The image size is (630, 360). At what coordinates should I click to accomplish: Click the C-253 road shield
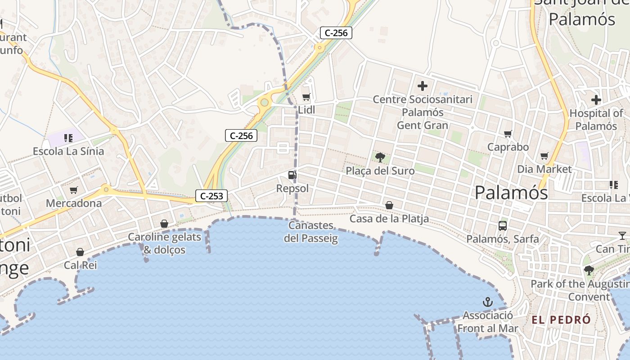(211, 196)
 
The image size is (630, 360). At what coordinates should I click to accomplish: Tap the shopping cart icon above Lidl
(306, 97)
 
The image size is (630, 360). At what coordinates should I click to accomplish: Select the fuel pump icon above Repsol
(292, 175)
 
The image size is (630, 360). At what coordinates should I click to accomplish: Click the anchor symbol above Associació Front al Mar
(487, 301)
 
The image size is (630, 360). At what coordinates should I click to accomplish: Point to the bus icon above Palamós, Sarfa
(503, 225)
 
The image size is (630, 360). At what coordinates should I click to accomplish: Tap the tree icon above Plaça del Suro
(380, 157)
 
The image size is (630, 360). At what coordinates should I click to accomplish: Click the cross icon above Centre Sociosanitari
(423, 85)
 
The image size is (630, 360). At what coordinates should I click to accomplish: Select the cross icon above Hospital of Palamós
(596, 99)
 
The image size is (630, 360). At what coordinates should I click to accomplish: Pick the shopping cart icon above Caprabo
(508, 134)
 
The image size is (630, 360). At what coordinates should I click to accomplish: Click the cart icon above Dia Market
(544, 156)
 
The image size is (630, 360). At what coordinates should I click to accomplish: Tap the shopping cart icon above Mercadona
(74, 190)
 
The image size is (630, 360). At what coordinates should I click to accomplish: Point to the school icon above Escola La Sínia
(68, 138)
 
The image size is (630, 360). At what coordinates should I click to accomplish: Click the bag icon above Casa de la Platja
(389, 205)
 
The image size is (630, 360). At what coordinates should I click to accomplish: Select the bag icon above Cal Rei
(80, 252)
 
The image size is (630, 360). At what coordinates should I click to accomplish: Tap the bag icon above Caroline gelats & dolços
(164, 224)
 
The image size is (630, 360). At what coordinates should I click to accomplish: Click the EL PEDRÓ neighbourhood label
(561, 320)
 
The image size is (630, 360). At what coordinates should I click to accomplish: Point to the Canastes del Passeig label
(311, 232)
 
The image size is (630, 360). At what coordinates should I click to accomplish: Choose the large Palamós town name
(511, 193)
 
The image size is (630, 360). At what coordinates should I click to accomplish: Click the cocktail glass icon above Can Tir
(622, 235)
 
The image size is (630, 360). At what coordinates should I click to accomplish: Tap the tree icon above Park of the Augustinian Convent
(589, 270)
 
